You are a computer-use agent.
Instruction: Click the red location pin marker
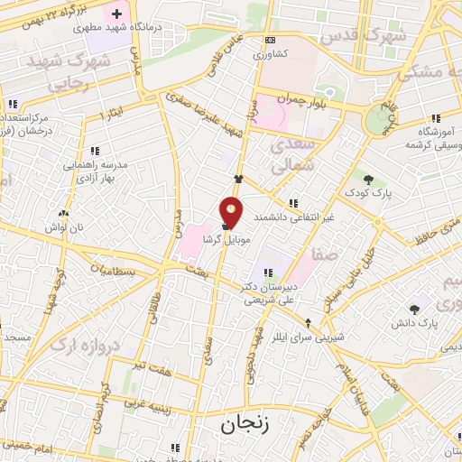coord(232,210)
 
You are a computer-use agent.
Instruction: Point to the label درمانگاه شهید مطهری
coord(115,28)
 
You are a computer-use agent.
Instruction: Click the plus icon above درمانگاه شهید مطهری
coord(116,14)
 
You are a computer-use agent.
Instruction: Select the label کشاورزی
coord(272,54)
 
